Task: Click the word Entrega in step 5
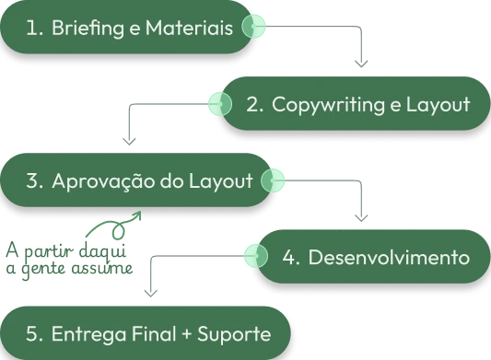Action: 86,331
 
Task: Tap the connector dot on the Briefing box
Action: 253,28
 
